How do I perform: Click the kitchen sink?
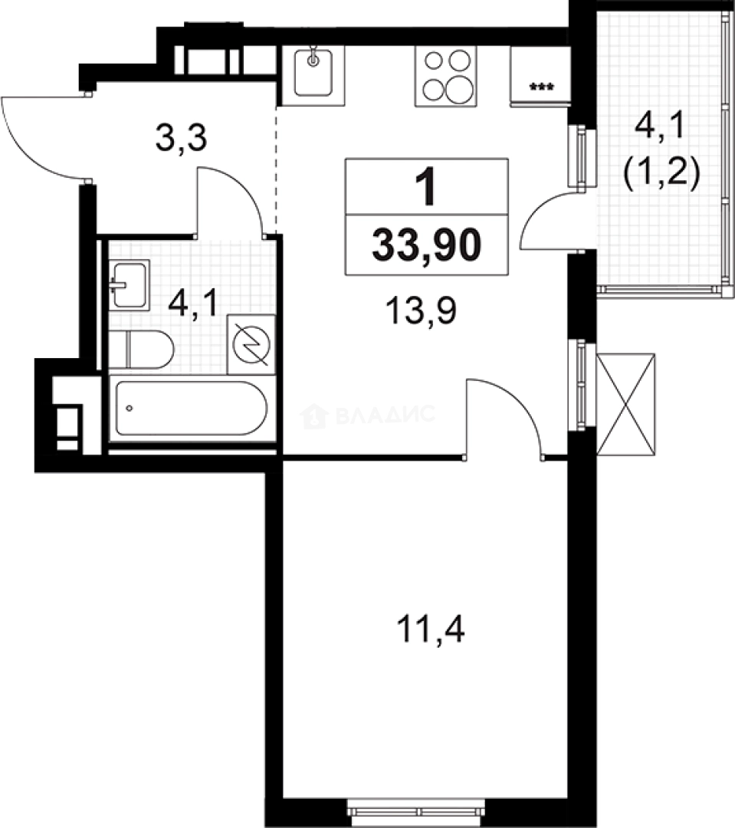coord(313,75)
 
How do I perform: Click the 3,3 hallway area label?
coord(182,140)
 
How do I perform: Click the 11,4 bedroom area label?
coord(431,633)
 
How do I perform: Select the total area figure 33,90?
coord(427,245)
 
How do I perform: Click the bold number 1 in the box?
coord(425,187)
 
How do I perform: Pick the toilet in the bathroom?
coord(141,350)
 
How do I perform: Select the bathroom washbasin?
coord(129,284)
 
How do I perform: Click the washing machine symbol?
coord(251,344)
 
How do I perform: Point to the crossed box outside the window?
coord(626,403)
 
